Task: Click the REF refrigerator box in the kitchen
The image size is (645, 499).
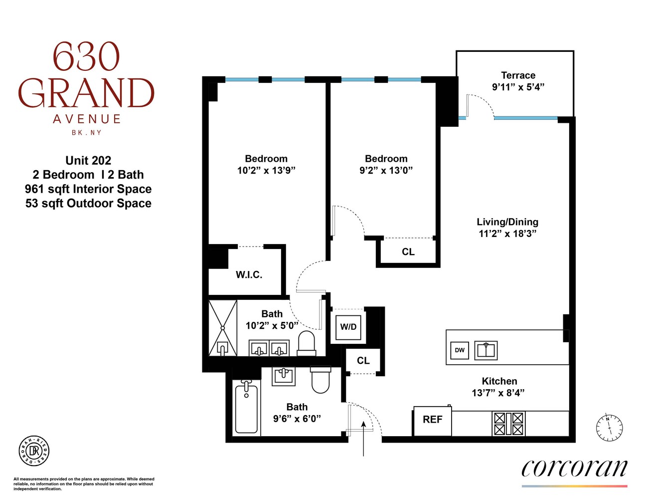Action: (x=432, y=420)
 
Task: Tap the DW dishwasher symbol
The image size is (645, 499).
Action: (x=460, y=350)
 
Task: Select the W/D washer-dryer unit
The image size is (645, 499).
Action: (x=348, y=327)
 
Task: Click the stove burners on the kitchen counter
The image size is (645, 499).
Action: (x=508, y=424)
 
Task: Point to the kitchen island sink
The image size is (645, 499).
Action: (x=486, y=350)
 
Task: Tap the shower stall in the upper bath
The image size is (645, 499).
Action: (x=222, y=328)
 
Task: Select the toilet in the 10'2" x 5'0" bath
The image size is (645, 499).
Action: (x=307, y=344)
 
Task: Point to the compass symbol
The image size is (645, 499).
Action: (x=609, y=428)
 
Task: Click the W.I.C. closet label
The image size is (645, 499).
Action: (x=249, y=275)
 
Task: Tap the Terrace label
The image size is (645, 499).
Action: (x=518, y=75)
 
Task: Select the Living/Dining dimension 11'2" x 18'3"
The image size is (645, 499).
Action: (x=507, y=234)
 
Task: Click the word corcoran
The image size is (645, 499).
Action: (x=574, y=468)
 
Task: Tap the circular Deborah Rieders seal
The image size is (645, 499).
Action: (x=34, y=451)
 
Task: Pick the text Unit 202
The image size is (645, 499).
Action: (x=88, y=161)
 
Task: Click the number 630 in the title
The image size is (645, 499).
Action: (x=86, y=57)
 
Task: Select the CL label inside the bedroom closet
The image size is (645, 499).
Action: (x=408, y=252)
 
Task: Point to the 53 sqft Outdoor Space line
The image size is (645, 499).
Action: (x=88, y=204)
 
